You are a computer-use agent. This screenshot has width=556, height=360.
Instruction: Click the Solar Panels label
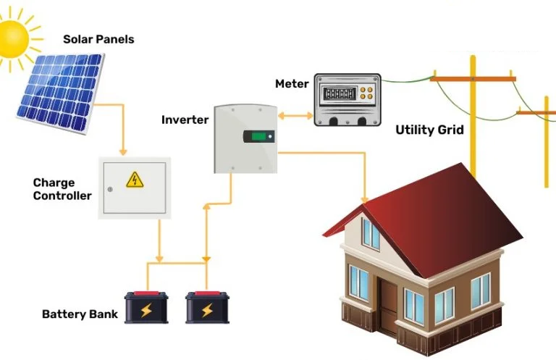point(98,39)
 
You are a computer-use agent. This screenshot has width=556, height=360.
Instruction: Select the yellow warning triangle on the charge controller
point(134,180)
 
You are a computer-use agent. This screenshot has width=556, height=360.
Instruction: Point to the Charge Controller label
point(62,189)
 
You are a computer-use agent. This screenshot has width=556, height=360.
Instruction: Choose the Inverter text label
point(185,120)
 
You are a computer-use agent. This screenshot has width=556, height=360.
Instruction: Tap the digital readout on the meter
point(337,95)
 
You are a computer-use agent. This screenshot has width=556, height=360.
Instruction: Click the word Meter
point(292,84)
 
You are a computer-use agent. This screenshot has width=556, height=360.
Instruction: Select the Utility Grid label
point(429,130)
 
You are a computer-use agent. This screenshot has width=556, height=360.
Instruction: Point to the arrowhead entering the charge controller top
point(124,151)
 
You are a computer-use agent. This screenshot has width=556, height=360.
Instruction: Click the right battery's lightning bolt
point(207,311)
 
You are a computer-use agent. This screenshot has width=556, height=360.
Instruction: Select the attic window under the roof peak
point(371,233)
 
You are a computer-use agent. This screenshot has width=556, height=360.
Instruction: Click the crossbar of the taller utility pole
point(474,77)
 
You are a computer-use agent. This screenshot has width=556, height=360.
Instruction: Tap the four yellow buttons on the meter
point(368,95)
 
